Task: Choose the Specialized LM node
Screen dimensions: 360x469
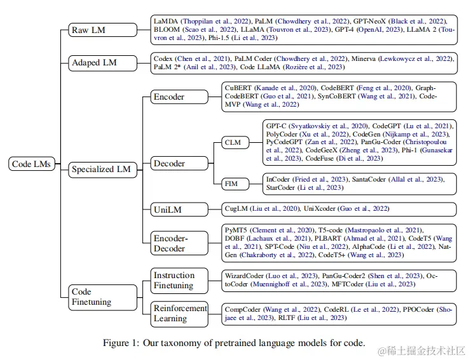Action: click(102, 169)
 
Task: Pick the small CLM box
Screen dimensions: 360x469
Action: click(233, 142)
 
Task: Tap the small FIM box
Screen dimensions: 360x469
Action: click(231, 183)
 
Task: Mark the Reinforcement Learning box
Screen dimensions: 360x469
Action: click(179, 314)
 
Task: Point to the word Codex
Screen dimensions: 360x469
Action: click(164, 58)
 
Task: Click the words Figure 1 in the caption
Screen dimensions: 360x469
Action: click(121, 343)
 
